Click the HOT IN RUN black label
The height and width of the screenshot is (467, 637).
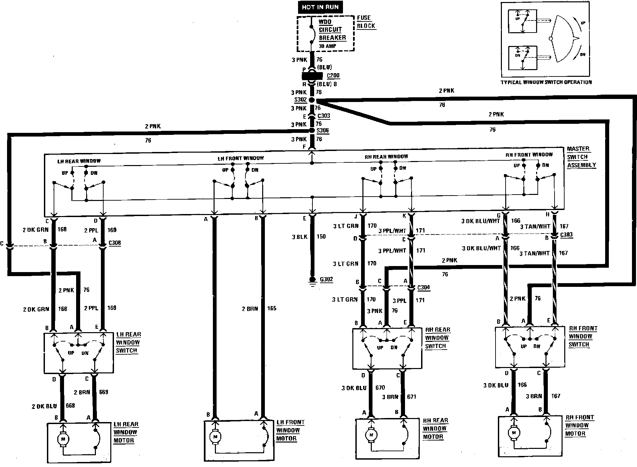[320, 7]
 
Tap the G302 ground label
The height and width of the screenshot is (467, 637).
[326, 279]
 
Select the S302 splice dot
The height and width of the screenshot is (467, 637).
[312, 100]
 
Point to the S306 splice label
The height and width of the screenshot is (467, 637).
[323, 131]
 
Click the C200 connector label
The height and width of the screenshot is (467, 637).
[333, 76]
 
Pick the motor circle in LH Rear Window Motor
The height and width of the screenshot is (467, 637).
[63, 439]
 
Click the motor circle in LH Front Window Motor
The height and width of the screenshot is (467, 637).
[215, 436]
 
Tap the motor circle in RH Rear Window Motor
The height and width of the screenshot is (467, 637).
[370, 435]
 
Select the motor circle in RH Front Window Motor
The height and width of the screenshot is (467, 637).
[513, 433]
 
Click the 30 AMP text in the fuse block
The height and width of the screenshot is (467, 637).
[327, 46]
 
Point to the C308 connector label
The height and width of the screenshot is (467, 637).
[115, 243]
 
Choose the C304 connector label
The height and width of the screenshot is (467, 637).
[423, 288]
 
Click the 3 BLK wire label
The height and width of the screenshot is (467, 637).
[299, 237]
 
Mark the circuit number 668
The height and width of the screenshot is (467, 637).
[70, 406]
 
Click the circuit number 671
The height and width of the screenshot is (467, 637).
[411, 397]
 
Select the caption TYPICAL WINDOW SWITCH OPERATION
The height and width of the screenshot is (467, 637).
[546, 82]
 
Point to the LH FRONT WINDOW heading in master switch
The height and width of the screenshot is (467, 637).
[240, 158]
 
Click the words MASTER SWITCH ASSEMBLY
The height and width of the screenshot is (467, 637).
[581, 157]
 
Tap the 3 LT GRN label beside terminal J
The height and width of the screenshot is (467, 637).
[346, 226]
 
